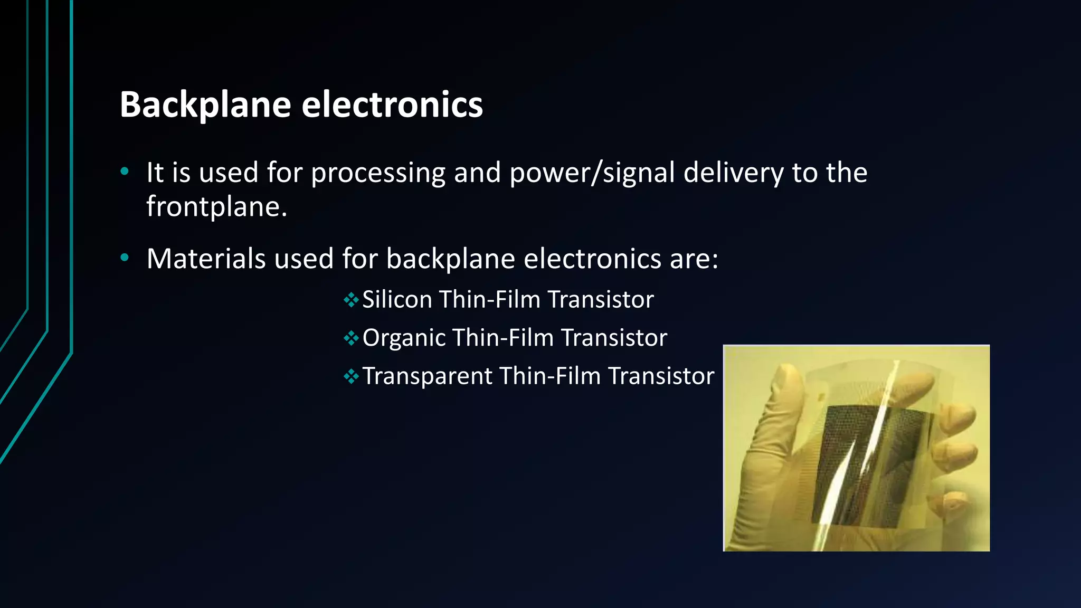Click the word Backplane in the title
click(205, 104)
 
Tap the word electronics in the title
click(392, 104)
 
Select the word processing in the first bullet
click(378, 173)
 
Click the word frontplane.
click(216, 206)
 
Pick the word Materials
click(206, 259)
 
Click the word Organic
click(404, 338)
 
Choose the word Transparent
click(428, 376)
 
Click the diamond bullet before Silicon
click(351, 300)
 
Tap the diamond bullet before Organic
click(351, 338)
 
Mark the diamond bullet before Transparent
click(351, 377)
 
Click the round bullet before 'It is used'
click(125, 171)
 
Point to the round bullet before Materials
click(125, 258)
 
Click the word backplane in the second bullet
click(450, 259)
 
